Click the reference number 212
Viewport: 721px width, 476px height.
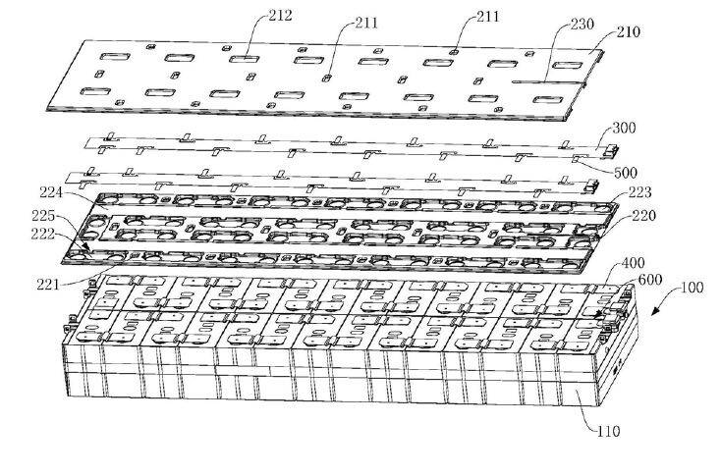pyautogui.click(x=281, y=16)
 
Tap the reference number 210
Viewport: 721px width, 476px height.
pyautogui.click(x=629, y=31)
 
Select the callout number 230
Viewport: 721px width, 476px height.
pyautogui.click(x=582, y=24)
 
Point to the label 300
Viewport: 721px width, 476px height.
pyautogui.click(x=624, y=128)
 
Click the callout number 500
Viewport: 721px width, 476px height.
pyautogui.click(x=626, y=173)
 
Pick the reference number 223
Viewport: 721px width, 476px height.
pyautogui.click(x=639, y=192)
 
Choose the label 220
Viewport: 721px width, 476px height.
pyautogui.click(x=644, y=215)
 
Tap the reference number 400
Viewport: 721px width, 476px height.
pyautogui.click(x=634, y=263)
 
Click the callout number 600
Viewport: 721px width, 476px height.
pyautogui.click(x=649, y=280)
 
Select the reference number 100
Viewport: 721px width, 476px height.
pyautogui.click(x=693, y=288)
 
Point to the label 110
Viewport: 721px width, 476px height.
pyautogui.click(x=609, y=432)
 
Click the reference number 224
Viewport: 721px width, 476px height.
pyautogui.click(x=51, y=192)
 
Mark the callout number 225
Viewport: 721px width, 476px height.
pyautogui.click(x=43, y=216)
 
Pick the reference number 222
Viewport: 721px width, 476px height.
pyautogui.click(x=43, y=234)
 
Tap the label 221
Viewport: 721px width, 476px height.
pyautogui.click(x=48, y=285)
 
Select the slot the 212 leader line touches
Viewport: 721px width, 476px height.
pyautogui.click(x=245, y=59)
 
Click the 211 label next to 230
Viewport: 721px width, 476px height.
pyautogui.click(x=487, y=17)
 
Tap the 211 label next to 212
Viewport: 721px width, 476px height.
pyautogui.click(x=366, y=22)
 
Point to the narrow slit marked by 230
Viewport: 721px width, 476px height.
pyautogui.click(x=548, y=82)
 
